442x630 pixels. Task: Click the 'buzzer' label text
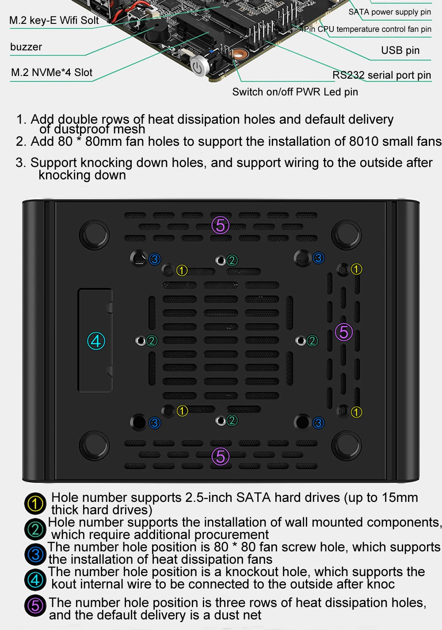click(x=26, y=47)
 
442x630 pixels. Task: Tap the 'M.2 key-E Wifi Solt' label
click(x=54, y=20)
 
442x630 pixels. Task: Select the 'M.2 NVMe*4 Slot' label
click(x=52, y=72)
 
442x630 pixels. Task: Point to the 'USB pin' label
click(x=400, y=50)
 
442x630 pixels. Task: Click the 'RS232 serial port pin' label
click(x=381, y=75)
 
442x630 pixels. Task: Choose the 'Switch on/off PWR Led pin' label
click(x=295, y=92)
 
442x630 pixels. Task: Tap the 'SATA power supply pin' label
click(x=390, y=12)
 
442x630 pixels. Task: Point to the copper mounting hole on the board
click(x=239, y=54)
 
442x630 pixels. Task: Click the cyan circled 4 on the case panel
click(x=96, y=341)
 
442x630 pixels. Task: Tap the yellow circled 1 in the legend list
click(x=35, y=504)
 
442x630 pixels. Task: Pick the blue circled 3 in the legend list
click(x=35, y=554)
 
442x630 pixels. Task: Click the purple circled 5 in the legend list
click(x=35, y=606)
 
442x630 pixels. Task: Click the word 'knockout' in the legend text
click(x=252, y=572)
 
